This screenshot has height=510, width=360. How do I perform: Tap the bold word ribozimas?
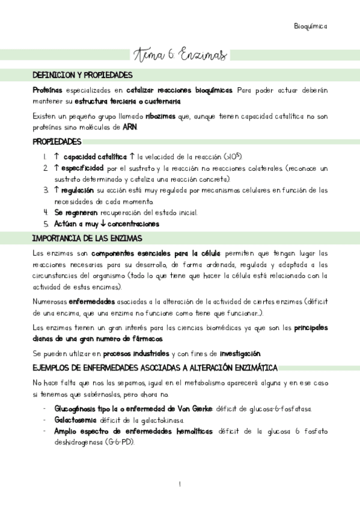point(161,116)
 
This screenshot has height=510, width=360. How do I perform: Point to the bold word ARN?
point(130,127)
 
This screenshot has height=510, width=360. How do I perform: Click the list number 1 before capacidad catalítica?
point(46,156)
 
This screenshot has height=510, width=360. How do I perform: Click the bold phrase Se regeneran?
point(76,213)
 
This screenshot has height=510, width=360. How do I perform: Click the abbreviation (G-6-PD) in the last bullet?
point(122,442)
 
